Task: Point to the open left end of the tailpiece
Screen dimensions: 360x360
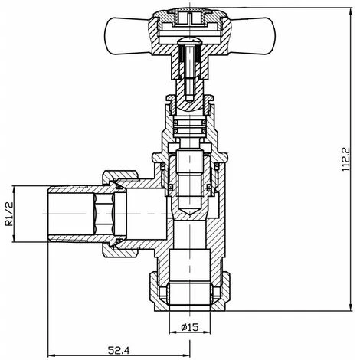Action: click(49, 214)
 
